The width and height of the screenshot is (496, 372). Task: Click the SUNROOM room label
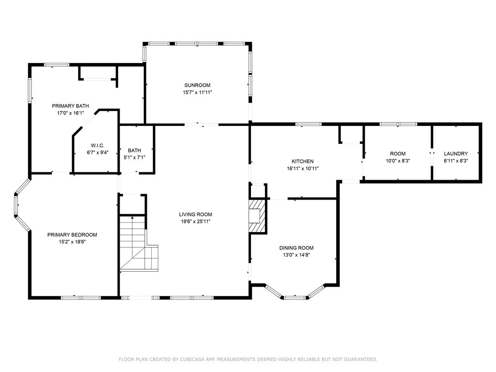pos(198,85)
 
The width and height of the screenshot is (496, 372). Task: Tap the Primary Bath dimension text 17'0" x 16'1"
pos(71,113)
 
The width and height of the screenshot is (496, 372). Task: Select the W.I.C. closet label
pos(97,145)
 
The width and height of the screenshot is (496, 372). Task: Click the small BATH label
pos(135,150)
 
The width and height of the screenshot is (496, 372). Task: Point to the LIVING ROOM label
pos(196,214)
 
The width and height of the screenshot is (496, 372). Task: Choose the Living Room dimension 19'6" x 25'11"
pos(196,221)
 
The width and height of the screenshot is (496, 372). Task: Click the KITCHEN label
pos(303,161)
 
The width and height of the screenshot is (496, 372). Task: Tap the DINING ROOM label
pos(296,248)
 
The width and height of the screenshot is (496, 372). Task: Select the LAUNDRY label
pos(456,154)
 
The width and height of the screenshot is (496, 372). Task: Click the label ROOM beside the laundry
pos(398,154)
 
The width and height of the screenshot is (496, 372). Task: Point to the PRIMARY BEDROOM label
pos(72,235)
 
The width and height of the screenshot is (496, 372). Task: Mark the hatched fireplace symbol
pos(258,216)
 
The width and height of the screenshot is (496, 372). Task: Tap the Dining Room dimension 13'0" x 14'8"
pos(296,255)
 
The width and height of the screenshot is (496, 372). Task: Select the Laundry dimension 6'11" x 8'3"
pos(456,161)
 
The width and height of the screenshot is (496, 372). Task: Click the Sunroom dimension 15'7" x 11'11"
pos(198,93)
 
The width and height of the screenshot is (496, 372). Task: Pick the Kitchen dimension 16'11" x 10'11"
pos(303,169)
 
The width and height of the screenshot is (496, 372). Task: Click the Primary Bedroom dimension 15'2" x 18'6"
pos(72,242)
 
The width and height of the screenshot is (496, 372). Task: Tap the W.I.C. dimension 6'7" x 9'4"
pos(98,153)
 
